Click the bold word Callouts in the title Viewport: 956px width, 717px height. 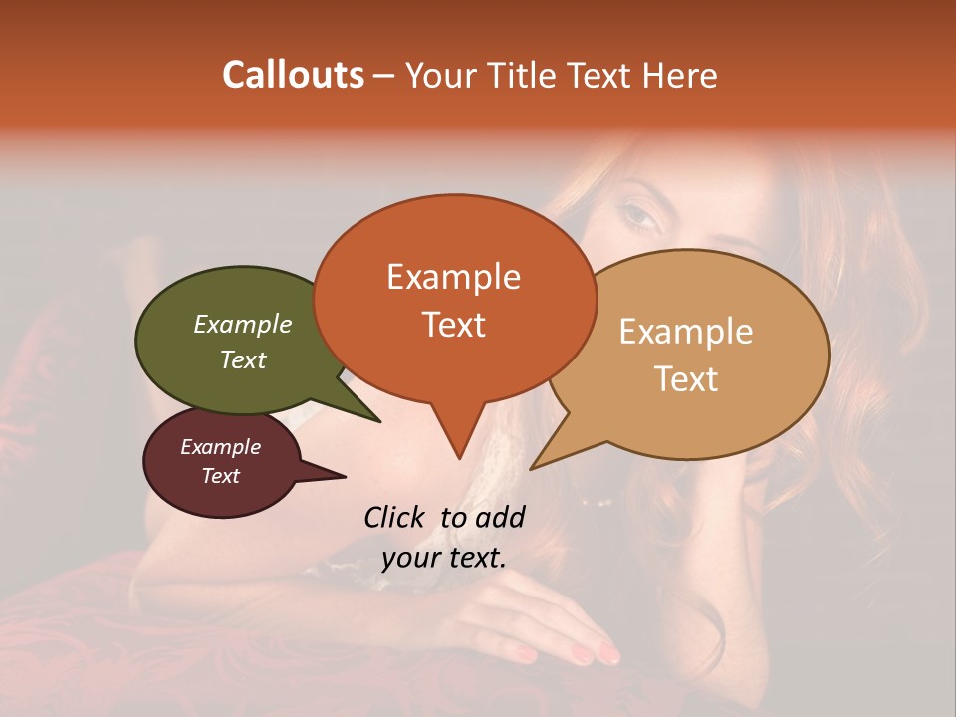coord(293,75)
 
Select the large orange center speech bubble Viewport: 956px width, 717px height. coord(454,299)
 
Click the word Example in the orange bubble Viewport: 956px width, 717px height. coord(454,277)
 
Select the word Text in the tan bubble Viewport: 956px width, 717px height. coord(687,379)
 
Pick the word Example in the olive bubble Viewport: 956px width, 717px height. coord(243,325)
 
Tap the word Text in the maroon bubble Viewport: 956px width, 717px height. coord(221,476)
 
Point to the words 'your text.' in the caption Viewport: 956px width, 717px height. coord(444,558)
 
